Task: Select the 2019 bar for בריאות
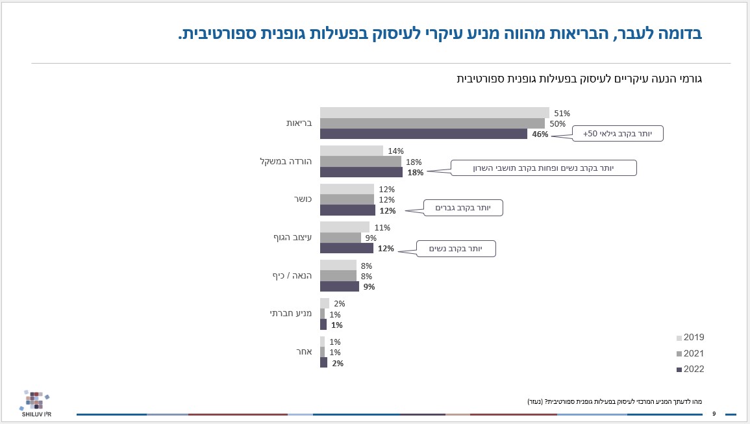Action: point(434,112)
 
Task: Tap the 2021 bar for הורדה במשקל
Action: point(360,162)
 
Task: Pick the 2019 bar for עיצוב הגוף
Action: point(345,227)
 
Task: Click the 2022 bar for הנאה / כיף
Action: point(339,286)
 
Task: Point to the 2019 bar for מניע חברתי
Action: point(325,303)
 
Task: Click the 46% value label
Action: point(540,134)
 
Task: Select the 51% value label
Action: point(562,113)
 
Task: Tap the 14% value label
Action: point(395,151)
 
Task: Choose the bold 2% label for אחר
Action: point(338,364)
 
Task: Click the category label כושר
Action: point(302,199)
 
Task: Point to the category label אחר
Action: point(305,352)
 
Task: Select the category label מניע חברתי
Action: point(291,314)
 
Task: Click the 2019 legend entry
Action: point(690,338)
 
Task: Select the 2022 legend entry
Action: point(690,369)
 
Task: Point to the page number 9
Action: point(714,414)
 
